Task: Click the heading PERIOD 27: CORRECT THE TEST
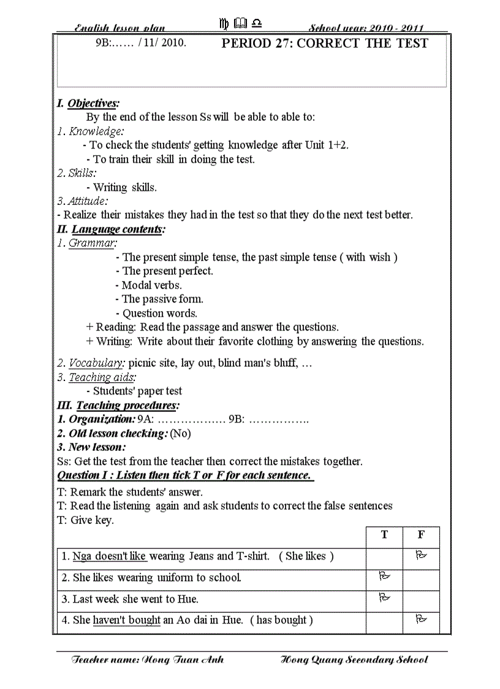pyautogui.click(x=324, y=44)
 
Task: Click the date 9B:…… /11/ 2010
pyautogui.click(x=141, y=44)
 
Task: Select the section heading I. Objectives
pyautogui.click(x=88, y=103)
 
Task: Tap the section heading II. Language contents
pyautogui.click(x=111, y=229)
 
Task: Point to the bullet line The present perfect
pyautogui.click(x=164, y=271)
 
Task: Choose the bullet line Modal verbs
pyautogui.click(x=148, y=285)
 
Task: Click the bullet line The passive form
pyautogui.click(x=159, y=299)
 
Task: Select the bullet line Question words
pyautogui.click(x=156, y=314)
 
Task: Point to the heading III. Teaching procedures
pyautogui.click(x=118, y=406)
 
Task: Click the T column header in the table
pyautogui.click(x=384, y=535)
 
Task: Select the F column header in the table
pyautogui.click(x=421, y=535)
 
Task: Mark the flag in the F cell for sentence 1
pyautogui.click(x=421, y=555)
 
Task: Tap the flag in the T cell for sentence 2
pyautogui.click(x=384, y=576)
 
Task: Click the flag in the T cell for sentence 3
pyautogui.click(x=384, y=597)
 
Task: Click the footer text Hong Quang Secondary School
pyautogui.click(x=354, y=660)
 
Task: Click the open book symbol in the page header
pyautogui.click(x=241, y=24)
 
